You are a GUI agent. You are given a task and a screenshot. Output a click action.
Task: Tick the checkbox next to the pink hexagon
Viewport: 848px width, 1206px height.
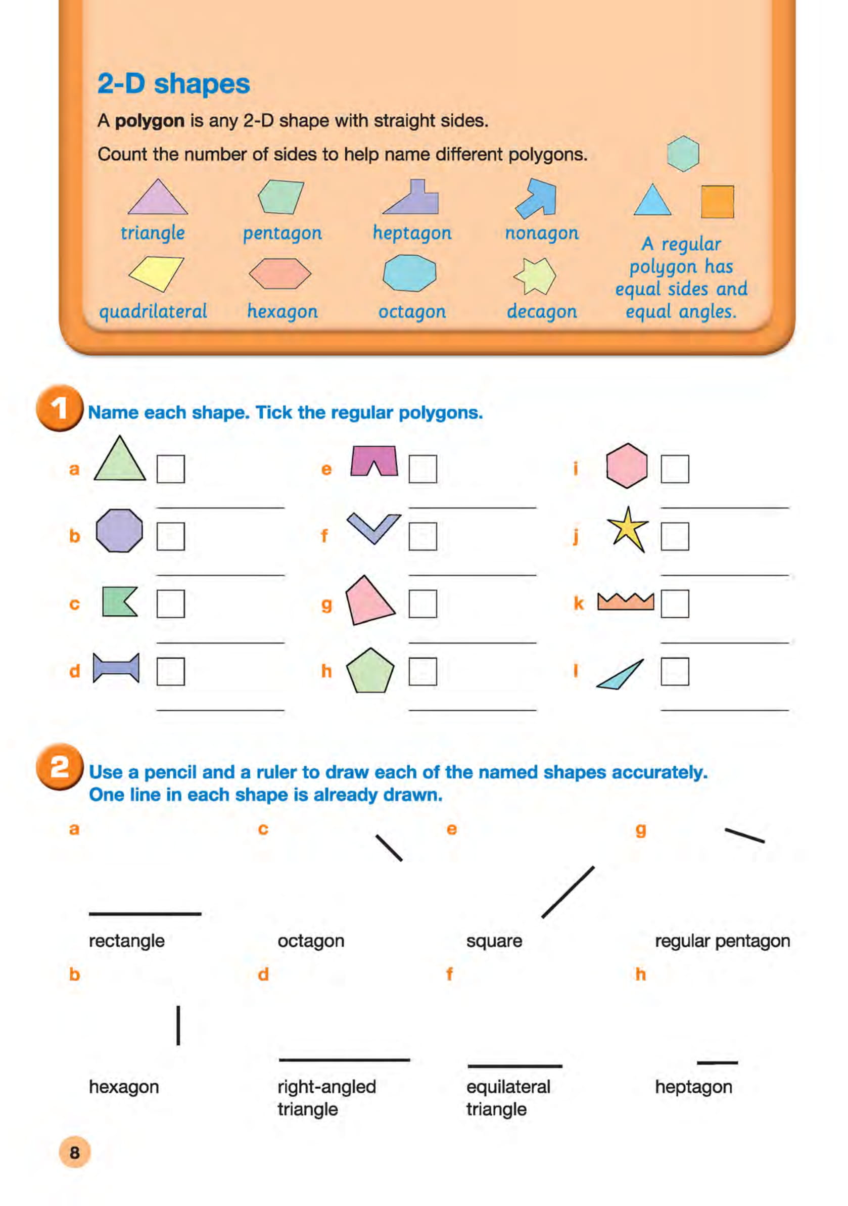(674, 469)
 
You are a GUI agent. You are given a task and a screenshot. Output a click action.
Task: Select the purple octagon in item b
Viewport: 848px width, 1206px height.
(119, 531)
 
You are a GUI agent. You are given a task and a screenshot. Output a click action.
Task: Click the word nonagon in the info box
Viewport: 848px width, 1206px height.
(541, 233)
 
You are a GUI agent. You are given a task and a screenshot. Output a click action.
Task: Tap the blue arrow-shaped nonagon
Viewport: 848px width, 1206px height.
(536, 199)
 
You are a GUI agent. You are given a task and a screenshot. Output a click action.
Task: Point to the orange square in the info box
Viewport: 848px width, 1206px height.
(717, 201)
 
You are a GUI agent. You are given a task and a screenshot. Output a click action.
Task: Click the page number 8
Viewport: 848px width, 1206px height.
(75, 1152)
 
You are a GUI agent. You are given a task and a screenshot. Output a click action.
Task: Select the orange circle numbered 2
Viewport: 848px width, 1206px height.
(59, 767)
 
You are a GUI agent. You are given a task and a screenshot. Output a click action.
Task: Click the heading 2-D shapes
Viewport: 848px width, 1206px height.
(173, 84)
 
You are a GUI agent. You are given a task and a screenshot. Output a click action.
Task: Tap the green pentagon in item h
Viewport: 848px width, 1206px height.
(370, 672)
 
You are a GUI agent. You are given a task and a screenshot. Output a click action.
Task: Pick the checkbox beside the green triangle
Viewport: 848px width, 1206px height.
(171, 469)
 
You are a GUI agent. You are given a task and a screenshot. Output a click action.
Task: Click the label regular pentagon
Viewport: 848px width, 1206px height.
(722, 941)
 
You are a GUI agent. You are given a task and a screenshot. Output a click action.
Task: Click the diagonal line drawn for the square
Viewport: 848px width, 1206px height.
(568, 893)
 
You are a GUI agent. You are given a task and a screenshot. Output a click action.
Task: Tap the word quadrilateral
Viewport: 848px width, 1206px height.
(153, 311)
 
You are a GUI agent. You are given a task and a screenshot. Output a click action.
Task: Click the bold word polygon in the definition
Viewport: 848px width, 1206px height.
(149, 121)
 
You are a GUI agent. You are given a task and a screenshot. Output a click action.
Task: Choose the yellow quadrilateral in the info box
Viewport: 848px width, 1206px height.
(156, 272)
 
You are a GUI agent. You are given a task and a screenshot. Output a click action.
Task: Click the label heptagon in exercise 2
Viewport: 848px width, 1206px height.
(693, 1087)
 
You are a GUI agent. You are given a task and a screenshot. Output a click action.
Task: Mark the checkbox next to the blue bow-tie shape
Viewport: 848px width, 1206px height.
(171, 671)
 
